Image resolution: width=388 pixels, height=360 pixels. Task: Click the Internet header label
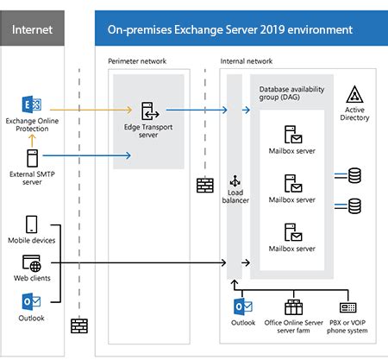click(32, 30)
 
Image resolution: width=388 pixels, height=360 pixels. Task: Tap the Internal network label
click(247, 62)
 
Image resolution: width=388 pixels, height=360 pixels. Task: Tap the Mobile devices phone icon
click(32, 224)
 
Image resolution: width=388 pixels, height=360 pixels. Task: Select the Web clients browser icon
click(32, 262)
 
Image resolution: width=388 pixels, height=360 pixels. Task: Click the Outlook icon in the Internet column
click(32, 301)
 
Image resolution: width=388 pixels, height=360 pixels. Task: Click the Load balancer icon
click(235, 183)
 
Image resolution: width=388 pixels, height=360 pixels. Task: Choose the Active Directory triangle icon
click(355, 95)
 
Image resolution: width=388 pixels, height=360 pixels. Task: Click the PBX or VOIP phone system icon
click(348, 307)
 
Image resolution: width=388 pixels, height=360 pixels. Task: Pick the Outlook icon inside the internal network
click(241, 307)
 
